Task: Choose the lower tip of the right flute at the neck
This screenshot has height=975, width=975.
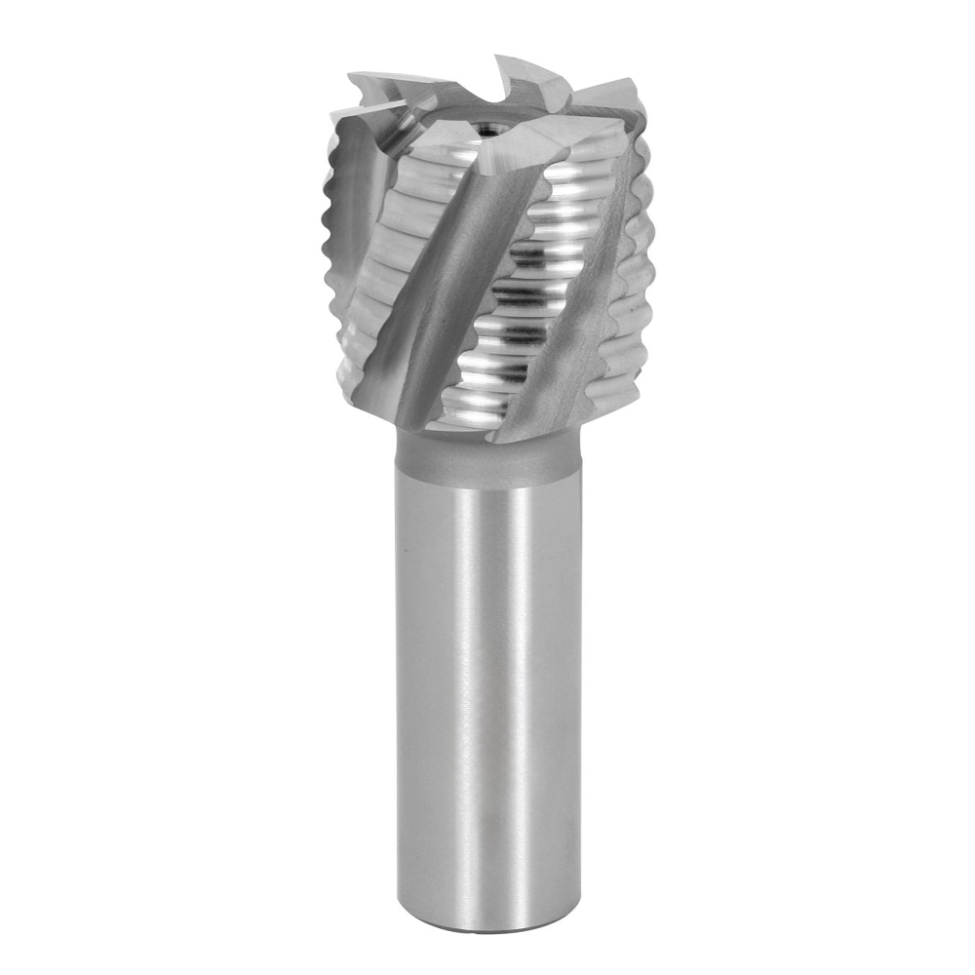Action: (507, 437)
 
